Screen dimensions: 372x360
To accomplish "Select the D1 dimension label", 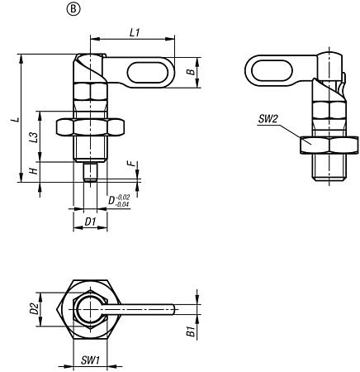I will tap(91, 222).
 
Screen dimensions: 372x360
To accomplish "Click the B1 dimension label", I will tap(190, 331).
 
